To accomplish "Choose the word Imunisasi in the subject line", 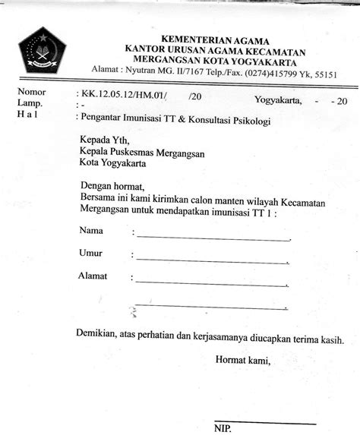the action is pyautogui.click(x=152, y=118).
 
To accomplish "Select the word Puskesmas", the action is pyautogui.click(x=140, y=151).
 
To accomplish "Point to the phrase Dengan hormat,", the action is pyautogui.click(x=112, y=185).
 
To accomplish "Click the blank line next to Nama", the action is pyautogui.click(x=213, y=238).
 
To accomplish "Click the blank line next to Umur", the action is pyautogui.click(x=213, y=260).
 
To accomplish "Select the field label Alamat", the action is pyautogui.click(x=93, y=276).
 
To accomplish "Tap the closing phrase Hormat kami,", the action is pyautogui.click(x=242, y=360).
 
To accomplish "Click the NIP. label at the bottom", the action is pyautogui.click(x=225, y=429).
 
